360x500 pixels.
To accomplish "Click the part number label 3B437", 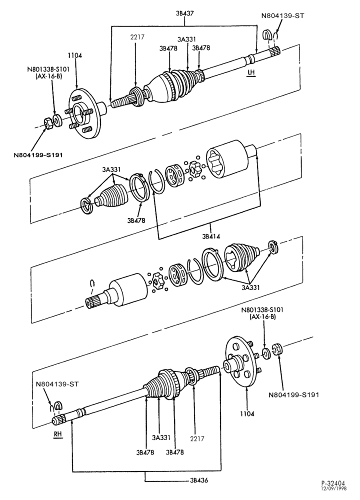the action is (x=184, y=13).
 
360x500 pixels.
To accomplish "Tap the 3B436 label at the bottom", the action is (x=199, y=480).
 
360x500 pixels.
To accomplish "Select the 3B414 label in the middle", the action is (x=211, y=236).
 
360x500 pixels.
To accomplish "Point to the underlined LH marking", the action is (x=251, y=72).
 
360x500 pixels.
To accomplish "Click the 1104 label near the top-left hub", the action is (x=74, y=55).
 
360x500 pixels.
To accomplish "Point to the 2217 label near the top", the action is (x=137, y=37).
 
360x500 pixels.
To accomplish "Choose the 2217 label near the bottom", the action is (x=197, y=438).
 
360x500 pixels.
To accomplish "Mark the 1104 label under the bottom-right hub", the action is (x=247, y=414).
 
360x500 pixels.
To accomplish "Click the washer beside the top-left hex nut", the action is (x=57, y=121).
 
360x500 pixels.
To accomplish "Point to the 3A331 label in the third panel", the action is (x=250, y=287).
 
